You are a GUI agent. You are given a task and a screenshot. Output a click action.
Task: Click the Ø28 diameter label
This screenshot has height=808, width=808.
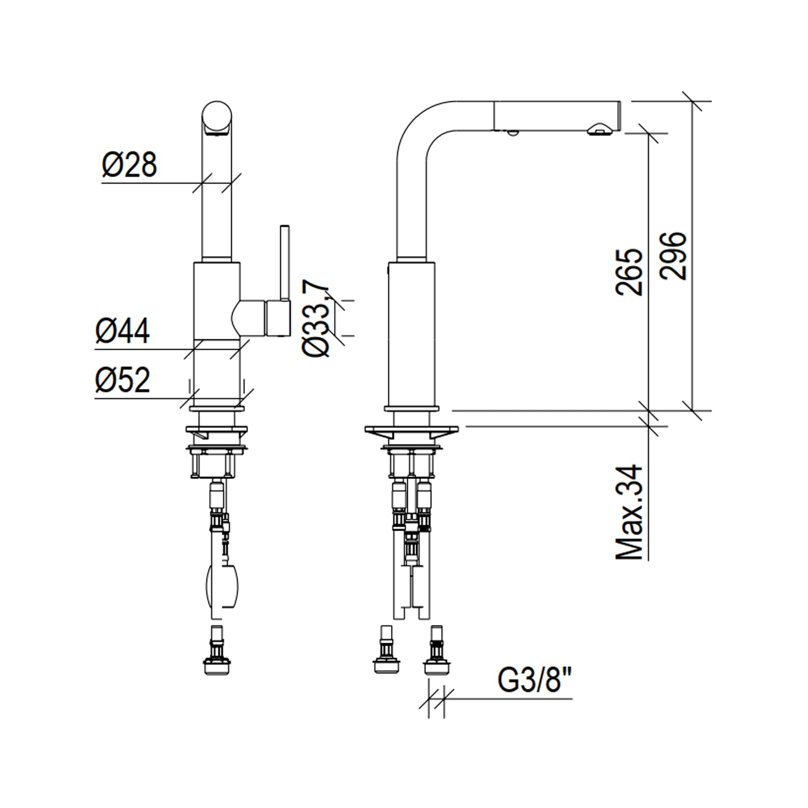129,164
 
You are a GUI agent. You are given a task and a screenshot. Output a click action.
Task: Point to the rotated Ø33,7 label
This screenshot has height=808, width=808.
316,318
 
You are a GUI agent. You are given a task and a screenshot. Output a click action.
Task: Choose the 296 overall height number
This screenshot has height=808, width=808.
673,255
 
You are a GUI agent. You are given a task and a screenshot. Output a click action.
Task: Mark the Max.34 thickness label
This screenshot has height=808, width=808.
629,512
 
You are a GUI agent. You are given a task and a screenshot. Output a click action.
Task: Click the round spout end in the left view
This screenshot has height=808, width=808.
218,118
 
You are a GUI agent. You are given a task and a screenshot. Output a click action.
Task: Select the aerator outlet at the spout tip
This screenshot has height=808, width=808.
598,130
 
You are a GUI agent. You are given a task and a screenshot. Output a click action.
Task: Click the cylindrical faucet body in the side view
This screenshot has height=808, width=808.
411,334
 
